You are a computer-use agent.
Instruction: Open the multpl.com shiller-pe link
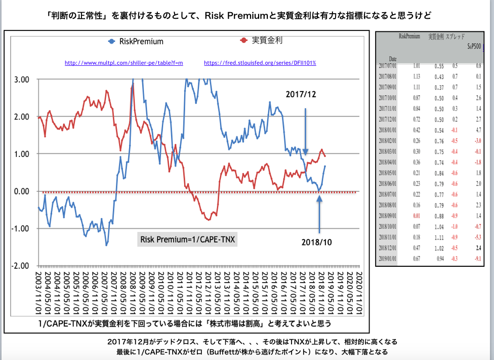click(x=124, y=63)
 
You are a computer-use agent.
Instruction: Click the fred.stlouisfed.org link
click(x=260, y=63)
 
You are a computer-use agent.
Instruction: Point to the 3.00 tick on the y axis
click(x=21, y=79)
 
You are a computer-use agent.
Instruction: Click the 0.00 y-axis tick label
click(x=21, y=191)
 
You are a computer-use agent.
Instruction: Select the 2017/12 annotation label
click(x=301, y=95)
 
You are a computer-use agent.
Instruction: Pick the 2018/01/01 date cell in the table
click(x=393, y=130)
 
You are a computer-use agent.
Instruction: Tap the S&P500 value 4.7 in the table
click(x=478, y=130)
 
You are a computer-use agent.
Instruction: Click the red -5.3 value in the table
click(x=477, y=237)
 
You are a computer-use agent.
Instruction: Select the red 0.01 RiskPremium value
click(x=417, y=215)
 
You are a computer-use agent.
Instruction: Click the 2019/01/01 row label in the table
click(x=393, y=258)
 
